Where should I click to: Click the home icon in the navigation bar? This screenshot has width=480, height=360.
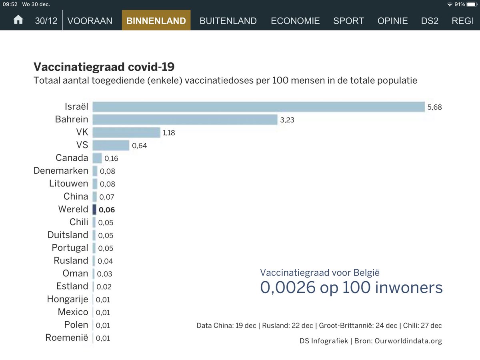(x=18, y=20)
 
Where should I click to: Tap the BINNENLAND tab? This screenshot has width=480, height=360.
(x=156, y=21)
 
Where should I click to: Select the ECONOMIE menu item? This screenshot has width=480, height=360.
(x=295, y=21)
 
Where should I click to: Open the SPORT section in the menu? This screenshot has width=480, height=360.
(x=348, y=21)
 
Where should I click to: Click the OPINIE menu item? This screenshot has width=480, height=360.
(x=392, y=21)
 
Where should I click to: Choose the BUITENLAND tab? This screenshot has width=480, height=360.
(x=228, y=21)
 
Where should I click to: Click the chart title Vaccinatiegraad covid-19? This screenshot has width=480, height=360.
(x=104, y=66)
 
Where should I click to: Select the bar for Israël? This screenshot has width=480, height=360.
(x=258, y=107)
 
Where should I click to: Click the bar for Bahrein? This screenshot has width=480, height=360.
(x=185, y=120)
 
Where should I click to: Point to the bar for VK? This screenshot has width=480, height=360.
(x=126, y=132)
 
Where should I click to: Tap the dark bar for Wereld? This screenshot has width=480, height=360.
(x=94, y=210)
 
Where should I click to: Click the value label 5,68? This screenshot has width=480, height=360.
(x=434, y=107)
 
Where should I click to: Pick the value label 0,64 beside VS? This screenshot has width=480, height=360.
(x=140, y=146)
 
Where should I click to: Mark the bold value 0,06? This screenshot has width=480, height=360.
(x=107, y=210)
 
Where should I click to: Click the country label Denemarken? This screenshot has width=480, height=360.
(x=61, y=171)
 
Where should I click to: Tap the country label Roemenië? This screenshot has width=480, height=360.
(x=66, y=338)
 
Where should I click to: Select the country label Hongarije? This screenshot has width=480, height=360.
(x=67, y=299)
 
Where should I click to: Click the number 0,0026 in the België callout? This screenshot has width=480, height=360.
(x=288, y=288)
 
